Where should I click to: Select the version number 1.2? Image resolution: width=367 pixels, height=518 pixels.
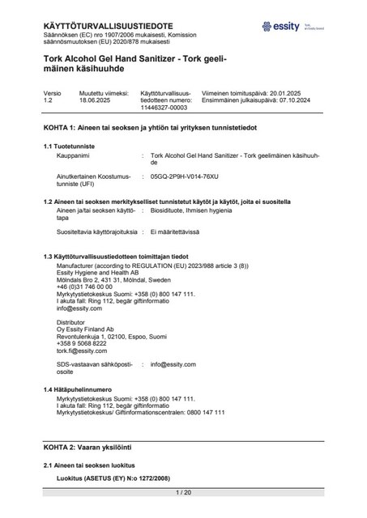pyautogui.click(x=47, y=101)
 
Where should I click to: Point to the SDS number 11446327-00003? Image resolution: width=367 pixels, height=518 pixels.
pyautogui.click(x=164, y=108)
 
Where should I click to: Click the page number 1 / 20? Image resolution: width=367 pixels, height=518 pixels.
pyautogui.click(x=183, y=492)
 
